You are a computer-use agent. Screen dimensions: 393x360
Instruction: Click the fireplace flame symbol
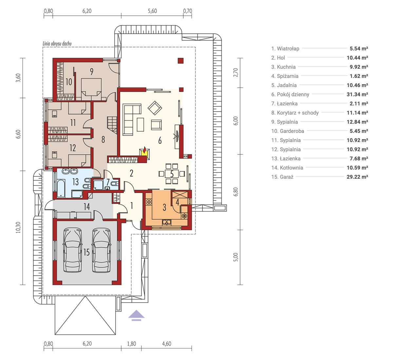click(144, 150)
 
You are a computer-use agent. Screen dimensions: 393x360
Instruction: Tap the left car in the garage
click(72, 250)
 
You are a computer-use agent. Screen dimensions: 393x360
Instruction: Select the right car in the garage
click(101, 250)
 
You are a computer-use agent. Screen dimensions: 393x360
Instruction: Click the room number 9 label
click(91, 72)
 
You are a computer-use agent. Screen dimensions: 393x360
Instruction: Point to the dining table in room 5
click(172, 174)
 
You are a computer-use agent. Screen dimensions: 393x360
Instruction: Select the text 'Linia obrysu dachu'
click(57, 44)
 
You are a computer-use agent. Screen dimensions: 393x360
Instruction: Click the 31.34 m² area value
click(357, 94)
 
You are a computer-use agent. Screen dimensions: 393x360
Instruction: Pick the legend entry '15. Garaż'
click(282, 177)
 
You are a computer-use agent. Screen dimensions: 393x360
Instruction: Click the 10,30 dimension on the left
click(18, 227)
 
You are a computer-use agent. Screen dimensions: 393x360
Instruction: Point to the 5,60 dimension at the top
click(152, 11)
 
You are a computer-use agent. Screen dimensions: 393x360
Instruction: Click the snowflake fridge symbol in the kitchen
click(184, 216)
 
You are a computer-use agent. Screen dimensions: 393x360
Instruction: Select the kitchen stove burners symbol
click(149, 202)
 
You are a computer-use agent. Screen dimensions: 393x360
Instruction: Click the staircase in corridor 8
click(112, 125)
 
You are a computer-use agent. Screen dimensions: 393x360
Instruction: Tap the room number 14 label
click(86, 207)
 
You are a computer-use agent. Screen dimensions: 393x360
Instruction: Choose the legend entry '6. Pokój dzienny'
click(290, 94)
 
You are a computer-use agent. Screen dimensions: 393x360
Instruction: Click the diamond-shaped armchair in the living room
click(155, 108)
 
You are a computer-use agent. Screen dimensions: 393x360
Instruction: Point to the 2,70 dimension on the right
click(236, 72)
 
